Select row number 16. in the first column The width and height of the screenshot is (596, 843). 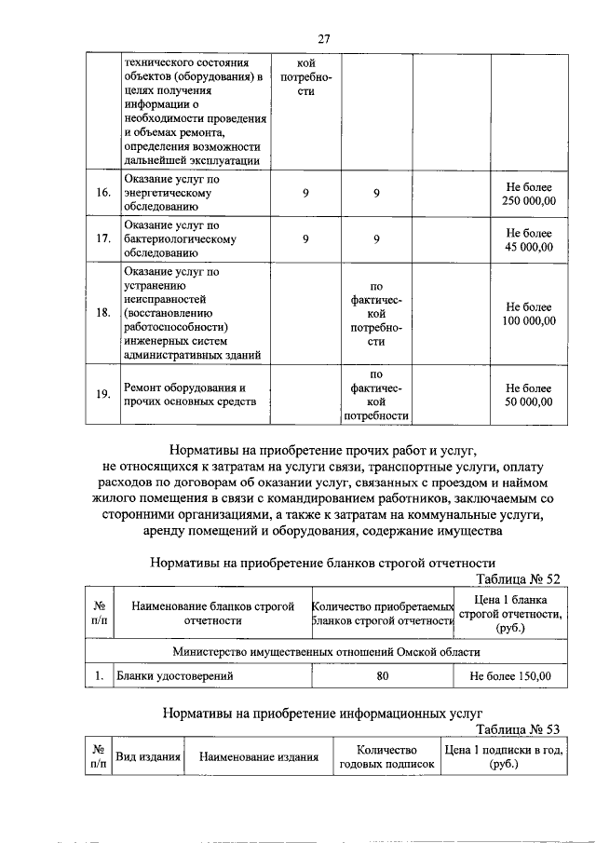tap(103, 193)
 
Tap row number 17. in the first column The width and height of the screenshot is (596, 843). tap(103, 239)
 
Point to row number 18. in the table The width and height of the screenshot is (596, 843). tap(103, 313)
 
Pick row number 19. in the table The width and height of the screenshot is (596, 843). tap(103, 394)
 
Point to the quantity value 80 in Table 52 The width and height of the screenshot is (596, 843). tap(382, 676)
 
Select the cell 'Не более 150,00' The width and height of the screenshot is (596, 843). tap(510, 676)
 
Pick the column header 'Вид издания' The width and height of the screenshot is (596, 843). tap(147, 757)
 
